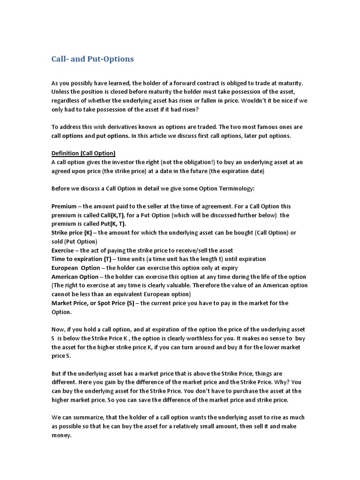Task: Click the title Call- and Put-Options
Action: coord(92,59)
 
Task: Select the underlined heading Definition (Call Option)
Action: coord(83,153)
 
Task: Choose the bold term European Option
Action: coord(75,268)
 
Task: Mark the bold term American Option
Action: coord(75,277)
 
